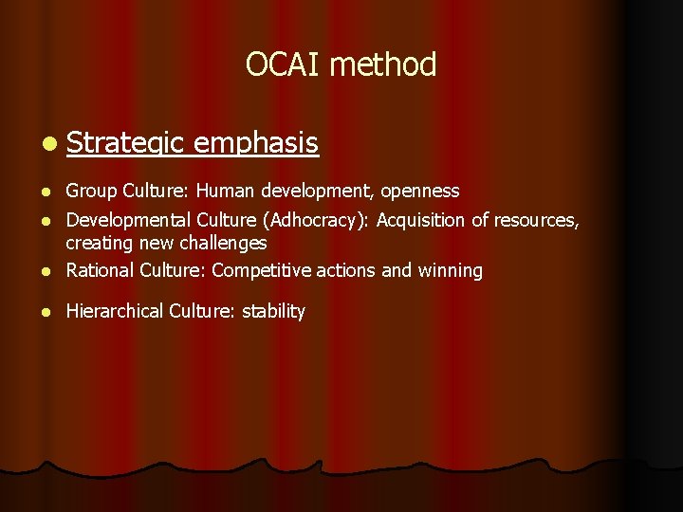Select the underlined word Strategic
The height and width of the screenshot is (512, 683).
click(x=125, y=143)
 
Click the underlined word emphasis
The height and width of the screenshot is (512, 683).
click(x=255, y=143)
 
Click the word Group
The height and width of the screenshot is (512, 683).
click(x=91, y=192)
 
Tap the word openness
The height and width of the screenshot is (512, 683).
click(x=420, y=192)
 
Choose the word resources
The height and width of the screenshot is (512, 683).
click(x=537, y=220)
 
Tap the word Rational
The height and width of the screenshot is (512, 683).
click(x=100, y=270)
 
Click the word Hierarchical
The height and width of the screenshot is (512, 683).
click(x=116, y=311)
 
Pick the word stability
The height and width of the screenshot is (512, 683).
click(x=273, y=311)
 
